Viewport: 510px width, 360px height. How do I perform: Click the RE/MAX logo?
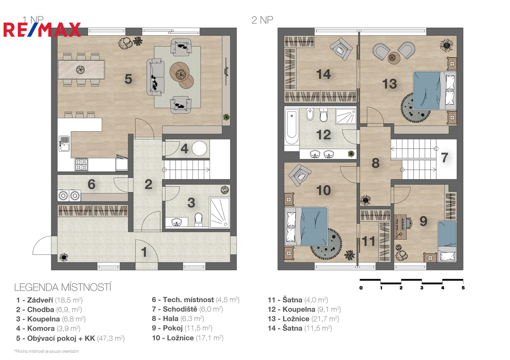point(42,30)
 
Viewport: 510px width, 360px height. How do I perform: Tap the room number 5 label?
point(128,79)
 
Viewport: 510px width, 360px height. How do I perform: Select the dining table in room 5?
point(81,69)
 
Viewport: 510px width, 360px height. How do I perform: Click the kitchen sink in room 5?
point(64,144)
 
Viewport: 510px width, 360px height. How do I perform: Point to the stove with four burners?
point(81,165)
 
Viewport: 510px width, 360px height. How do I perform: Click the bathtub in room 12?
point(292,127)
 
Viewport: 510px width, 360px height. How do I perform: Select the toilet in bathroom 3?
point(198,220)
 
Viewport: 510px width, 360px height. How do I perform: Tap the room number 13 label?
point(390,84)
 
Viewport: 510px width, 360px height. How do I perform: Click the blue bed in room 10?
point(306,226)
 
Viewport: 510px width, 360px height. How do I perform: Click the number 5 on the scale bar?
point(463,288)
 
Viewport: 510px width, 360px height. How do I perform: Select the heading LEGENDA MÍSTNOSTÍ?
point(63,287)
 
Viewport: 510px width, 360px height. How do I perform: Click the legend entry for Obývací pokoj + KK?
point(70,338)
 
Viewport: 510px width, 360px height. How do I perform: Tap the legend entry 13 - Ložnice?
point(304,319)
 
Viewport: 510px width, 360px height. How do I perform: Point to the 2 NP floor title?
point(262,20)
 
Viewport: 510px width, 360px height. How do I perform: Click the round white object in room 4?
point(199,148)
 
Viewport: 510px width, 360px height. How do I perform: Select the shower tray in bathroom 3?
point(219,213)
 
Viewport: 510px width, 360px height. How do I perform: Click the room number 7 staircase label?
point(445,158)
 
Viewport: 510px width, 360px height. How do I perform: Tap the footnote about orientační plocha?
point(46,351)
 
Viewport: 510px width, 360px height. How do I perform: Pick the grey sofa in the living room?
point(155,77)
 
